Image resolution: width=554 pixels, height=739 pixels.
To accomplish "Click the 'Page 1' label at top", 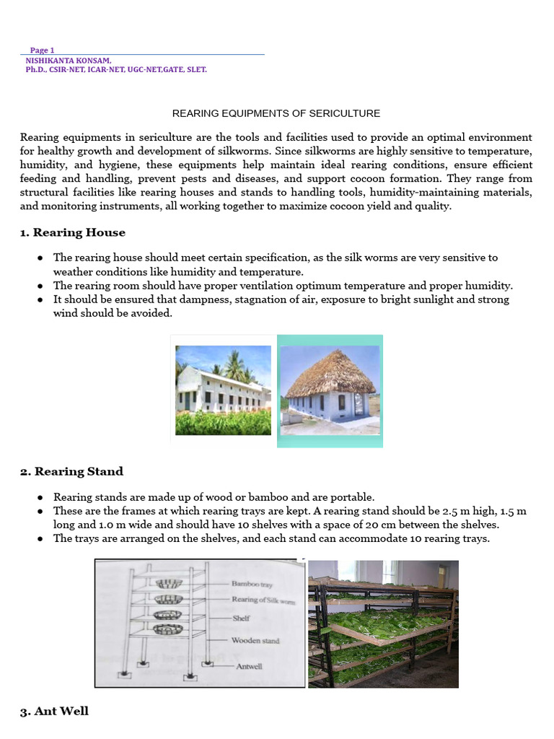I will click(x=42, y=50).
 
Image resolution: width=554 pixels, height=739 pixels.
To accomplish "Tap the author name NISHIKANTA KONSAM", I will click(x=68, y=61).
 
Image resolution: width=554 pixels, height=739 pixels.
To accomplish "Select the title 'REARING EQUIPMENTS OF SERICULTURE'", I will click(x=276, y=114).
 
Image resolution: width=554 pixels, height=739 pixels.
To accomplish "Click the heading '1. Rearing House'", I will click(x=73, y=232).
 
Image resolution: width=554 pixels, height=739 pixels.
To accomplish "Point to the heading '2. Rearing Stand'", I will click(x=71, y=471).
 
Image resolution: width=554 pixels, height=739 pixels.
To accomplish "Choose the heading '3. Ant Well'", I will click(x=54, y=711).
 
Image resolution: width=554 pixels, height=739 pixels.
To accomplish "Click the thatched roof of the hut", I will click(x=330, y=373).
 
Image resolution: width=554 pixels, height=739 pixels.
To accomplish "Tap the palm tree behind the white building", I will click(x=235, y=364).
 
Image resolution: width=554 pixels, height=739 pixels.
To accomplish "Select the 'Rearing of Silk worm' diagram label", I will click(x=263, y=600).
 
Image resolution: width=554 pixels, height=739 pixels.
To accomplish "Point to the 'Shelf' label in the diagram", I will click(x=240, y=618).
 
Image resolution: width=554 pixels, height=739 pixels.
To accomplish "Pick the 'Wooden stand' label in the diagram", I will click(x=255, y=640).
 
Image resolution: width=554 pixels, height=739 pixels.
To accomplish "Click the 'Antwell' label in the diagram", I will click(x=249, y=666).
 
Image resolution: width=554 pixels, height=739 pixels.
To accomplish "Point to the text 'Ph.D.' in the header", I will click(x=36, y=70).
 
